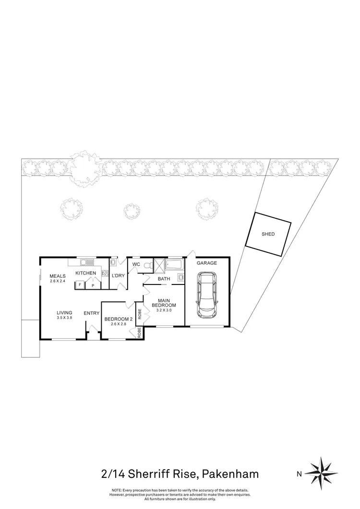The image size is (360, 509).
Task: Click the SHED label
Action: click(268, 235)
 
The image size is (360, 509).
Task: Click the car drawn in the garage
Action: click(206, 297)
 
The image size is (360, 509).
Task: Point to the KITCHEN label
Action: click(86, 273)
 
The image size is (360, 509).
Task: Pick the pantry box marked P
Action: click(92, 285)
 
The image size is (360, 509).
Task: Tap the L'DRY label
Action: click(118, 275)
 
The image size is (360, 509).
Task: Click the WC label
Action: click(136, 264)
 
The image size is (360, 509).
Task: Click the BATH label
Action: click(164, 279)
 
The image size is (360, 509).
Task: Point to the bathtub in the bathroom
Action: click(174, 264)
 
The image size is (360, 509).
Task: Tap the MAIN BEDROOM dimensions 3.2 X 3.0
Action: click(164, 310)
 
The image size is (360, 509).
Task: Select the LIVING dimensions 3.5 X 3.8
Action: click(64, 318)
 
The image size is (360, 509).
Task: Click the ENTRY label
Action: click(92, 313)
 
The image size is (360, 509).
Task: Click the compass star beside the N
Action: click(320, 473)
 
